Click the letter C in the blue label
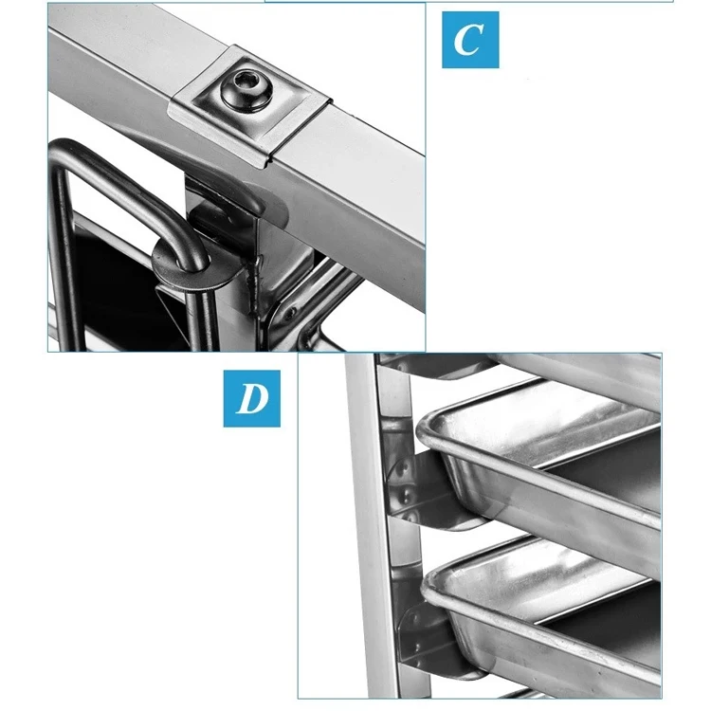(x=468, y=39)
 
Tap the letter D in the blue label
(x=251, y=398)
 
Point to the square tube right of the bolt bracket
(x=370, y=180)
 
